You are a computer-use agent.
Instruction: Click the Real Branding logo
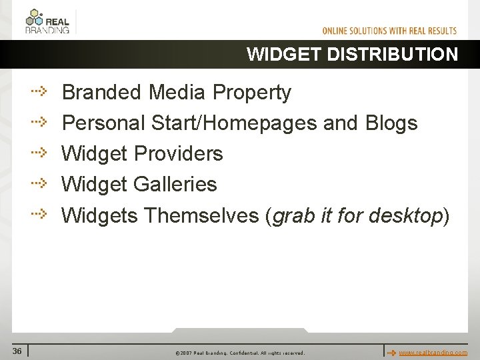coord(47,21)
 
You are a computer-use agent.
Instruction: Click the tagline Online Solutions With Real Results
coord(389,31)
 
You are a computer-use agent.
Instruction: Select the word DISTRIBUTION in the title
coord(393,55)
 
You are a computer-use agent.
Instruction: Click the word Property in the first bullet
coord(251,93)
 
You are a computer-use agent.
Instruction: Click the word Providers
coord(178,154)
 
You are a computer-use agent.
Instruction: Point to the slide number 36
coord(17,351)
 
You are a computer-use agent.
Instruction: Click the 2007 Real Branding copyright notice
coord(239,353)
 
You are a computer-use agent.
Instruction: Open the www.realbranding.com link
coord(433,352)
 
